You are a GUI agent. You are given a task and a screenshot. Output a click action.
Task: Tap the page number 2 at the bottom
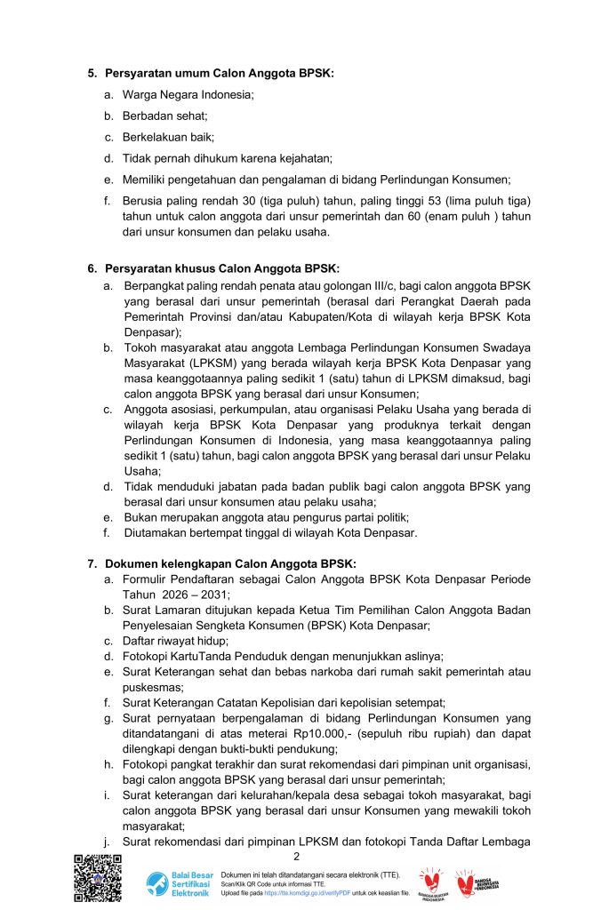[x=296, y=856]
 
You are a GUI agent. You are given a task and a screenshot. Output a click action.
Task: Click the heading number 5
[x=91, y=73]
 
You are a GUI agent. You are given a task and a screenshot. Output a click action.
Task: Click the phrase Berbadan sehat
[x=153, y=116]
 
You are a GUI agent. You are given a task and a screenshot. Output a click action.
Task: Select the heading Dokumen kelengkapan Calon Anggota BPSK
[x=230, y=563]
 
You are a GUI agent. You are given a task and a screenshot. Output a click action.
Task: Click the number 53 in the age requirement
[x=431, y=201]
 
